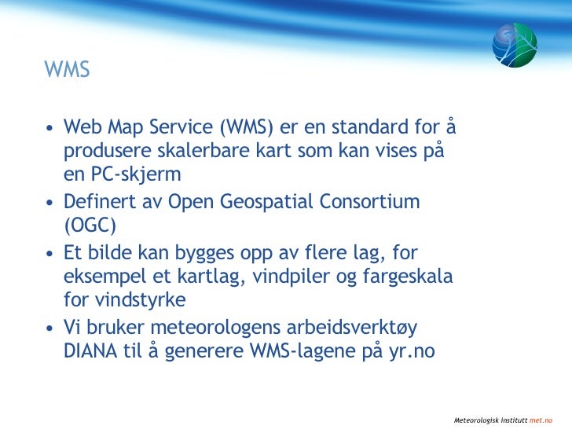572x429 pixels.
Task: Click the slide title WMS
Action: coord(68,70)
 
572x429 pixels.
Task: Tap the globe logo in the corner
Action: coord(515,45)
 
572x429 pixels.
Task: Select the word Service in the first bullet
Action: coord(181,126)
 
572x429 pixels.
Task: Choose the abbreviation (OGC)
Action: coord(90,225)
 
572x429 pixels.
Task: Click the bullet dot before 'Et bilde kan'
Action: coord(50,254)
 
